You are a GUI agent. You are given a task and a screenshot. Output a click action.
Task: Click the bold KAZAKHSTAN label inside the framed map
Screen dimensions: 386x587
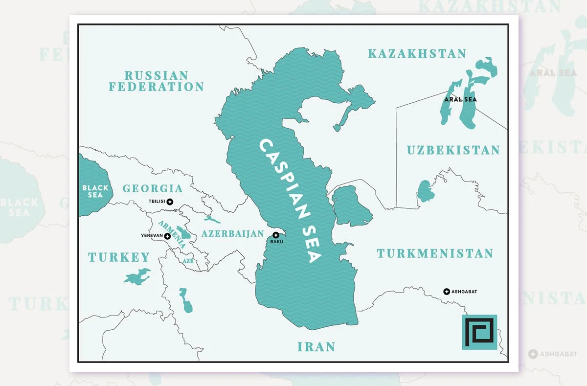[x=417, y=54]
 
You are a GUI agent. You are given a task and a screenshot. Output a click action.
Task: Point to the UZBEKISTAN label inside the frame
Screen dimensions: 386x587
[x=453, y=150]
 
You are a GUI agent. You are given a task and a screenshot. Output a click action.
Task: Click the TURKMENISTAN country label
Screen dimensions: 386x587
[x=434, y=253]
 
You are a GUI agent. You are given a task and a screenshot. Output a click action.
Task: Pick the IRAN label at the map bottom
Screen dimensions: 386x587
[x=316, y=347]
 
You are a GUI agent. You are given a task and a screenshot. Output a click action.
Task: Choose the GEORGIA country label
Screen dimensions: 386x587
[x=152, y=188]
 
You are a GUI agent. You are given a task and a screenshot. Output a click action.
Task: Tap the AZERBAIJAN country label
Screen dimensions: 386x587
[x=232, y=233]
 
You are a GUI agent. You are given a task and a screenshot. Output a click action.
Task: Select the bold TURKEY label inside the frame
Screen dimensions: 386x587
[x=119, y=257]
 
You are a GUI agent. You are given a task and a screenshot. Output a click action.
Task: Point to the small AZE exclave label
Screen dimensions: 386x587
[x=188, y=261]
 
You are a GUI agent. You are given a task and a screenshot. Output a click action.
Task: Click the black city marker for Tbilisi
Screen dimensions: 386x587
[x=170, y=202]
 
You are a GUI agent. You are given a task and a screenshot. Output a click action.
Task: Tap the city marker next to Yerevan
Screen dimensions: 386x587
[x=168, y=236]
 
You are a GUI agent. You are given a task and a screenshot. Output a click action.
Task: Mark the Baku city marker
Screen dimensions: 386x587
[x=276, y=235]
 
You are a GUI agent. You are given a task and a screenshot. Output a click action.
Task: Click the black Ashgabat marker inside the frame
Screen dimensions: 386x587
[x=446, y=292]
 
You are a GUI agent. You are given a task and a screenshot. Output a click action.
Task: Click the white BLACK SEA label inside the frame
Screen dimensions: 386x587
[x=92, y=191]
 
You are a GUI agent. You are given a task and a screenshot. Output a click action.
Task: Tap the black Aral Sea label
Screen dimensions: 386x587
[x=460, y=99]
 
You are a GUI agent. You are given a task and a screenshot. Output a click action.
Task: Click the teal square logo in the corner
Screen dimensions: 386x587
[x=479, y=332]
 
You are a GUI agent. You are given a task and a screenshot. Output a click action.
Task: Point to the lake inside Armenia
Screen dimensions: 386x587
[x=181, y=231]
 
